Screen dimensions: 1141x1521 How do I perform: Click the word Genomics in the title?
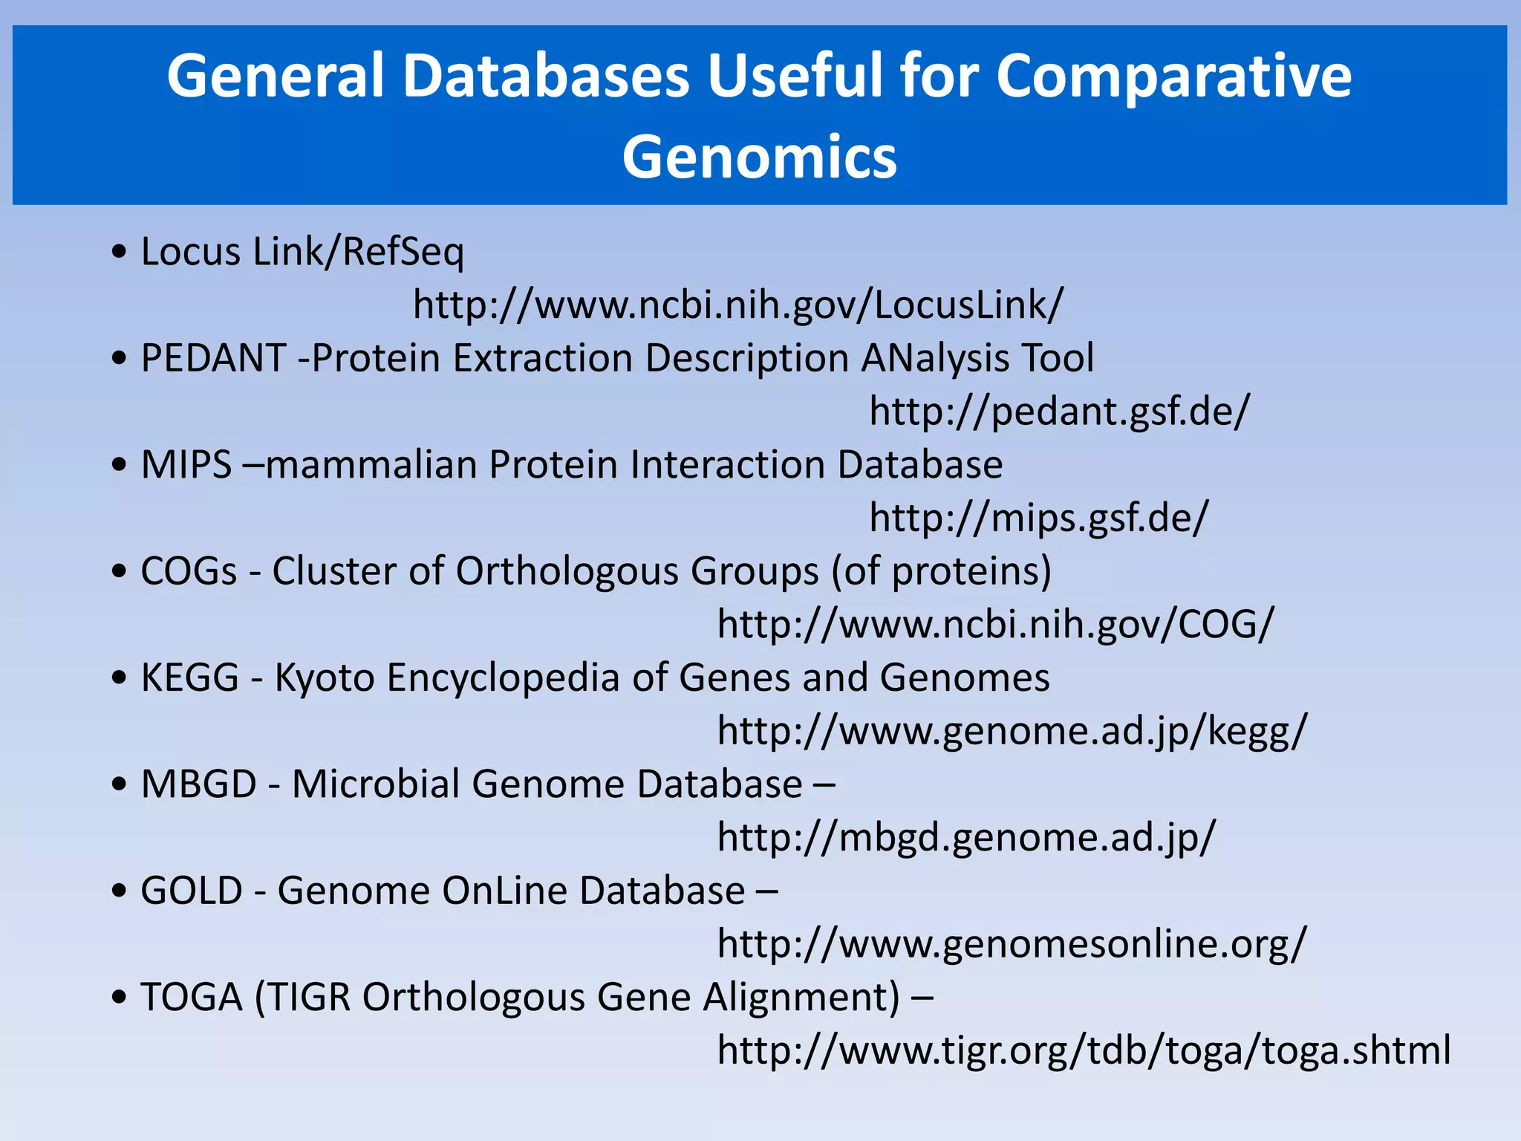(759, 157)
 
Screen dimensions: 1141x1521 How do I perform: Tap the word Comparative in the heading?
(1173, 76)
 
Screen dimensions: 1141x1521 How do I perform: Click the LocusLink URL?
(738, 305)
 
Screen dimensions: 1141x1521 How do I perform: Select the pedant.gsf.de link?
(1060, 411)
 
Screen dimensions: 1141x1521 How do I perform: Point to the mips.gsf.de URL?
(1039, 518)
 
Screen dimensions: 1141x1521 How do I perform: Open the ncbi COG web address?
(995, 624)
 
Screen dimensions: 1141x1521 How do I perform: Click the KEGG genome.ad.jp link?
(1012, 731)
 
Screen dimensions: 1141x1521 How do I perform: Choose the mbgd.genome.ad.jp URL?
(966, 837)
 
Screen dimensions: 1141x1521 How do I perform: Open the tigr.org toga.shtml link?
(1084, 1050)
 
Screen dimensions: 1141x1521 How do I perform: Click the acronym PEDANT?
(213, 358)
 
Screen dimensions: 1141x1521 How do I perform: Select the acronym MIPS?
(186, 465)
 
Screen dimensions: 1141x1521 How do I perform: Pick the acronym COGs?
(189, 571)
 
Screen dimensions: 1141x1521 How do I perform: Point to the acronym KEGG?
(190, 677)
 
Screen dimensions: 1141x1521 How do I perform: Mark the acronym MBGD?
(199, 784)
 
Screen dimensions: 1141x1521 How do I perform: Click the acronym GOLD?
(192, 891)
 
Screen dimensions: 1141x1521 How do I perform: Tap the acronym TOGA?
(192, 997)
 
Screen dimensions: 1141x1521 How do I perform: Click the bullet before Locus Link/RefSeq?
(119, 252)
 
